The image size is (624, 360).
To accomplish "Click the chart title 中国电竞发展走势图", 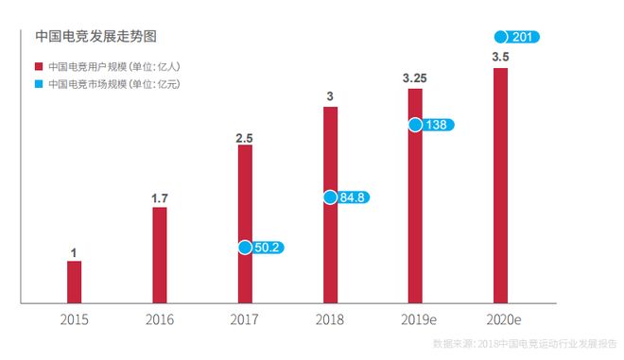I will point(95,37).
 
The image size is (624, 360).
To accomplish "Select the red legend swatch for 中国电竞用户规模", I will point(39,67).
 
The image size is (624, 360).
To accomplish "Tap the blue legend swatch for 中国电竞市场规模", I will point(39,84).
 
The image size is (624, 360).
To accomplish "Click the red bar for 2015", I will point(74,282).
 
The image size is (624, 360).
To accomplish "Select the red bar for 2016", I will point(159,255).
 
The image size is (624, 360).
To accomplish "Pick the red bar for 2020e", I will point(500,185).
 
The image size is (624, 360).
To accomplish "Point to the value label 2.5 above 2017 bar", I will point(244,138).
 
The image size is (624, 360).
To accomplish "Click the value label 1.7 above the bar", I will point(159,198).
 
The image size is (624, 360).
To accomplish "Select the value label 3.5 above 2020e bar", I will point(500,58).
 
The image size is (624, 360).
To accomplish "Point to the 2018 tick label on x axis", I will point(330,319).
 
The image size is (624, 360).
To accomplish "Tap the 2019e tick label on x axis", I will point(415,319).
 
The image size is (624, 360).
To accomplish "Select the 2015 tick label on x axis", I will point(74,319).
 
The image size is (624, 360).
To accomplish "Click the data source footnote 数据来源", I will point(525,344).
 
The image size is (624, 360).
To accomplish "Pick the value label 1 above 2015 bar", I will point(74,252).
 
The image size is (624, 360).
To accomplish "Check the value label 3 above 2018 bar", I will point(329,96).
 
